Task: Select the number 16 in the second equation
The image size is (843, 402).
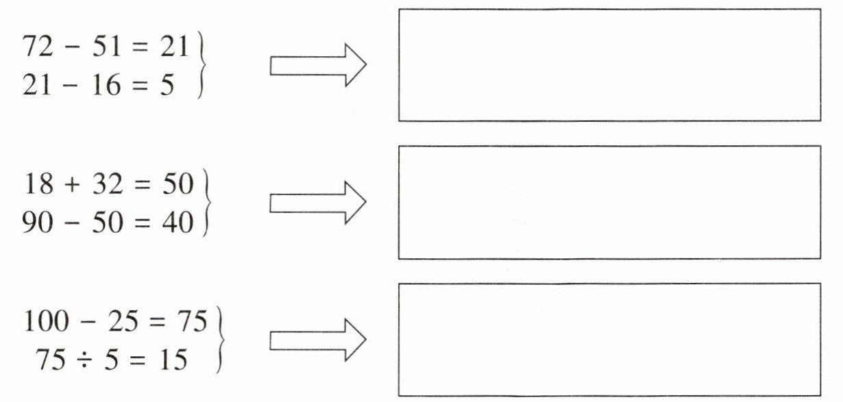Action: (106, 86)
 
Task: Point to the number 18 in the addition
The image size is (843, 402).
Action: (39, 185)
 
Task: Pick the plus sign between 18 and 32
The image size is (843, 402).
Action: (73, 186)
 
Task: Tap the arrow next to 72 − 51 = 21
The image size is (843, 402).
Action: (318, 65)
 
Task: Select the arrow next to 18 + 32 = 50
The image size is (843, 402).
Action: (318, 202)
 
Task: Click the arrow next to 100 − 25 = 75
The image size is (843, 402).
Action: (318, 339)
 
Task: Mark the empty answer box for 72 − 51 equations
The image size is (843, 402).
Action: (609, 65)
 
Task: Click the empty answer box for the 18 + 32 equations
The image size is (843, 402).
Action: (609, 202)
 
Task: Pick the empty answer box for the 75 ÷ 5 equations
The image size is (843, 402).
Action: (609, 339)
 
